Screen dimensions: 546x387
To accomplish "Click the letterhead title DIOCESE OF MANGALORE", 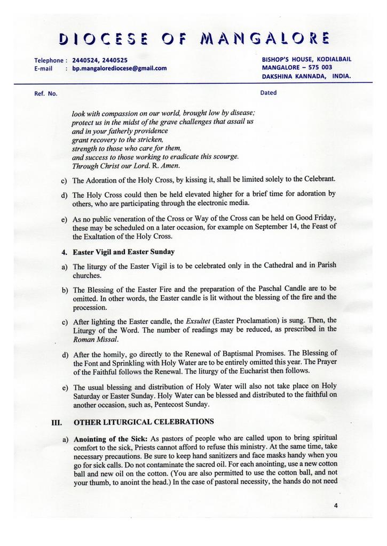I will pyautogui.click(x=193, y=38).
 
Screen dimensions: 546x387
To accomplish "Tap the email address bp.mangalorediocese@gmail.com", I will pyautogui.click(x=120, y=68).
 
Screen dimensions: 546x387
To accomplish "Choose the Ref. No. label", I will pyautogui.click(x=45, y=94).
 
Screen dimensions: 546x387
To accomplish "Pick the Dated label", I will pyautogui.click(x=268, y=93).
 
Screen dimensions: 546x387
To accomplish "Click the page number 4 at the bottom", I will pyautogui.click(x=336, y=506).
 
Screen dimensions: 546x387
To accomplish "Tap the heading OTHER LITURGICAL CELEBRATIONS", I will pyautogui.click(x=144, y=422).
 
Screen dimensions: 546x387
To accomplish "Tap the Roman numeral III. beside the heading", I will pyautogui.click(x=57, y=422).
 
